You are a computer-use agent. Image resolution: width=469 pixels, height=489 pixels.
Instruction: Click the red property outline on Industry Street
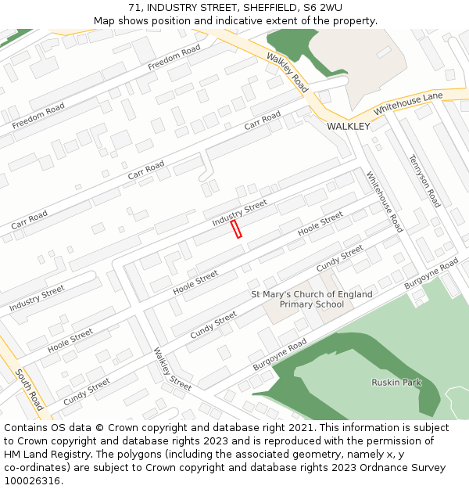(236, 228)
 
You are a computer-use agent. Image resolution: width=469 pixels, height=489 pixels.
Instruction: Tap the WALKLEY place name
(348, 126)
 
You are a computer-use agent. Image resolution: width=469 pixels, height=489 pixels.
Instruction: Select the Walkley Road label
(287, 73)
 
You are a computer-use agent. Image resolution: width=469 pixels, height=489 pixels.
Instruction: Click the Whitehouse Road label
(384, 202)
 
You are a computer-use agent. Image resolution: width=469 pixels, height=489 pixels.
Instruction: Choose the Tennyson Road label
(424, 181)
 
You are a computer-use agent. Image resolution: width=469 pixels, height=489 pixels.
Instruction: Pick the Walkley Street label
(172, 369)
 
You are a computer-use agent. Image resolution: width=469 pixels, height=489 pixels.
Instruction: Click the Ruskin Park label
(396, 382)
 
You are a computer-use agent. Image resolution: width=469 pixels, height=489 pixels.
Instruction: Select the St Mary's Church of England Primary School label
(311, 299)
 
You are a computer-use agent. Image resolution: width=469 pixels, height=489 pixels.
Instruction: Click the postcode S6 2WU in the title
(321, 8)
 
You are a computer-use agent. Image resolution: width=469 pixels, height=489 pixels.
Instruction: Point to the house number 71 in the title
(135, 8)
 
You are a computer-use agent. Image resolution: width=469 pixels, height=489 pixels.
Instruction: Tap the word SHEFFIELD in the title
(264, 8)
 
